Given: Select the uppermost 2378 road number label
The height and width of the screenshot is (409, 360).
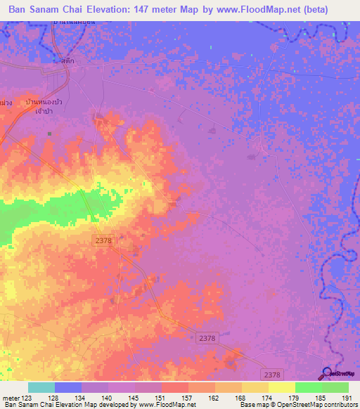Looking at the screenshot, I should click(103, 241).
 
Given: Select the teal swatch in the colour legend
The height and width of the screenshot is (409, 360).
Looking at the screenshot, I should click(41, 387).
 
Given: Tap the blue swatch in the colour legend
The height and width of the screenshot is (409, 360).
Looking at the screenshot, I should click(68, 387).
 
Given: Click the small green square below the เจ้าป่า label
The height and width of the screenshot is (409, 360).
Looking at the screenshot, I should click(49, 134).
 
